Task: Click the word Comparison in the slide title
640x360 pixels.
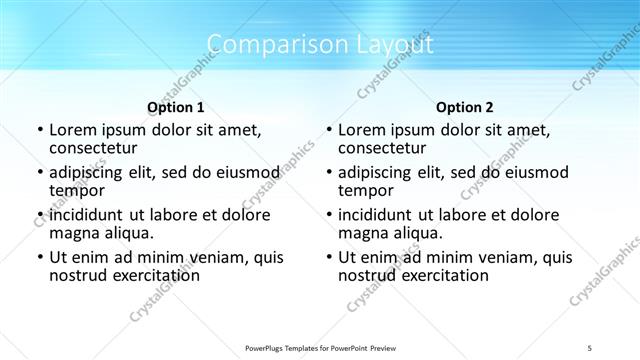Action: [x=268, y=45]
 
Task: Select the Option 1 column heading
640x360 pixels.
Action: [x=176, y=107]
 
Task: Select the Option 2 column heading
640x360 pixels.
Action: [x=465, y=107]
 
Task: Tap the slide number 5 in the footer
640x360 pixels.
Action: [x=590, y=348]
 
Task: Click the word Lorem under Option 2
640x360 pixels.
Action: [x=363, y=129]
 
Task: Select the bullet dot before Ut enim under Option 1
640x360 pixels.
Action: [x=38, y=257]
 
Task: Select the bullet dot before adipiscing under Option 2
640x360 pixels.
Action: [x=328, y=172]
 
